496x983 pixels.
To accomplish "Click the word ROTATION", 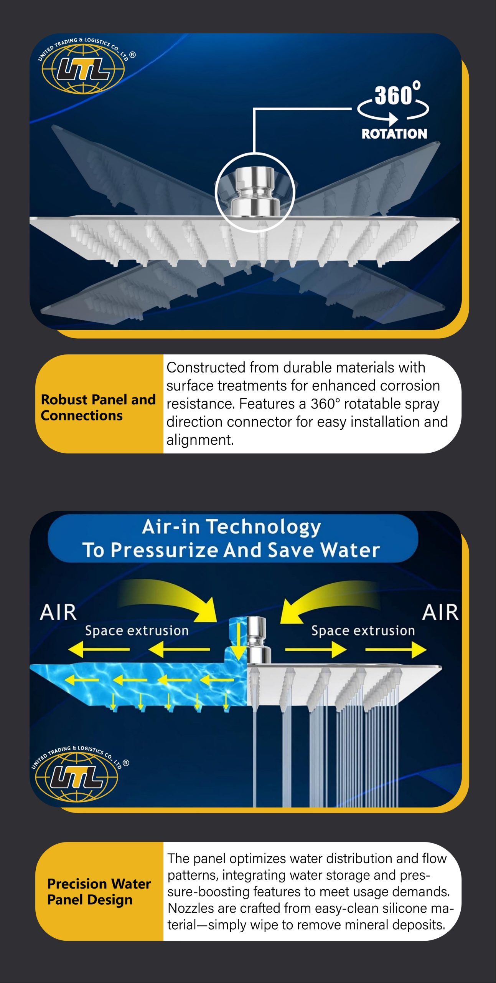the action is [394, 134].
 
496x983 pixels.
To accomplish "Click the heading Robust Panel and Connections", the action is [98, 407].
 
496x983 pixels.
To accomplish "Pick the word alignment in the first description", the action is [200, 440].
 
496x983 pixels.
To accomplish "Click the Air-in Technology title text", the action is [231, 527].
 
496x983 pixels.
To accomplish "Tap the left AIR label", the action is [58, 612].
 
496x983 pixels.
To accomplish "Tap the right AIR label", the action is [440, 612].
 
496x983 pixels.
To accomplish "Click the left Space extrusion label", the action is [137, 631].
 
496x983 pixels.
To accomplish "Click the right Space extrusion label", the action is [363, 631].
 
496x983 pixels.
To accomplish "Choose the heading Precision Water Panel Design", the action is [99, 892].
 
